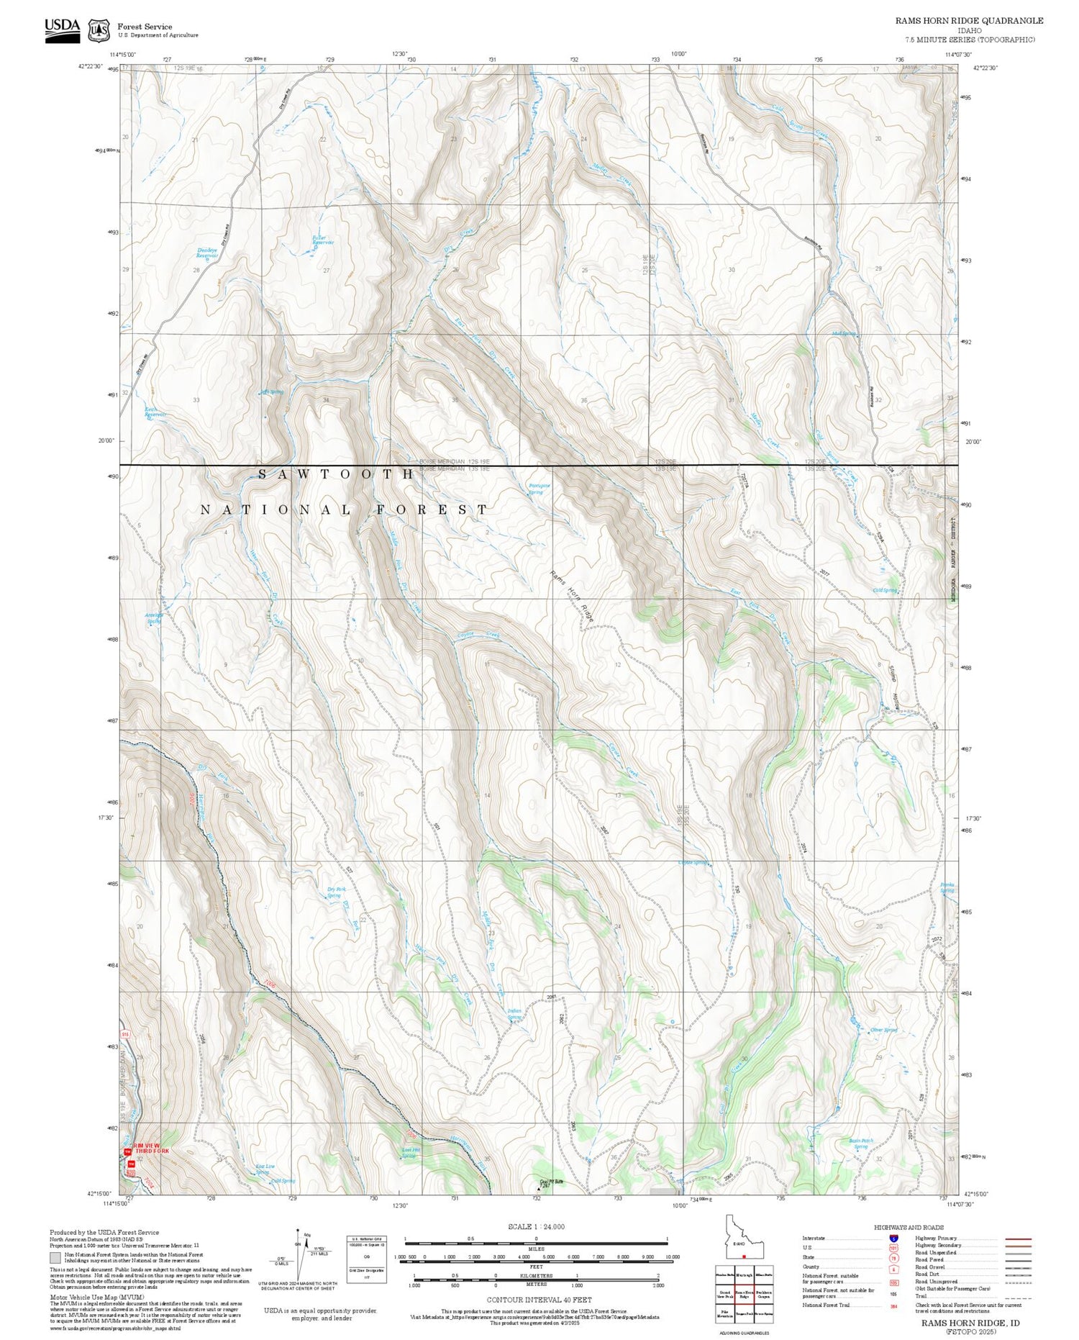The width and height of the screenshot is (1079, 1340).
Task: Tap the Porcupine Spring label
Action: coord(539,489)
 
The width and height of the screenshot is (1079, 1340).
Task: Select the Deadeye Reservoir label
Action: coord(207,253)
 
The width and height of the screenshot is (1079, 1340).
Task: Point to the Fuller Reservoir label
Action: coord(323,240)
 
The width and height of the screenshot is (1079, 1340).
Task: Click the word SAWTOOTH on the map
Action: coord(337,474)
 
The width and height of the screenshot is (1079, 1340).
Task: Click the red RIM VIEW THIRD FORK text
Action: coord(147,1149)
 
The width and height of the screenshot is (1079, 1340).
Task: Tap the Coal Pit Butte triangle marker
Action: coord(540,1190)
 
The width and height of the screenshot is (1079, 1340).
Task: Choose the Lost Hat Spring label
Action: coord(410,1153)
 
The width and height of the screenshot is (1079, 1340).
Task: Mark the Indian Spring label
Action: coord(514,1014)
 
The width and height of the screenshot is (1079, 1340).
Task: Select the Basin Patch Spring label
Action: coord(860,1144)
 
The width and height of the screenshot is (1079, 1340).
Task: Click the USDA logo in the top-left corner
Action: coord(62,30)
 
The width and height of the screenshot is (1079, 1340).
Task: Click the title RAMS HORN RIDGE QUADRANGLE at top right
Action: coord(969,21)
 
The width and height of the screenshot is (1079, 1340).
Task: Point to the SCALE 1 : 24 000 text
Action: coord(536,1227)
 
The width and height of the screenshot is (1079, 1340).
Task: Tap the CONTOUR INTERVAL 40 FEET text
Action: coord(539,1300)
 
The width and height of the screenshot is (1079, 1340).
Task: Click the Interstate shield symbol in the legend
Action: coord(893,1239)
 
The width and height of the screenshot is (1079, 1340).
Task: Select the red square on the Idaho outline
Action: coord(744,1257)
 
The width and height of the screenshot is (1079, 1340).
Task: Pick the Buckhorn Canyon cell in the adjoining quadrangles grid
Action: coord(764,1294)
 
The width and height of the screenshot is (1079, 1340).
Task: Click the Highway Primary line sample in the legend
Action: coord(1014,1239)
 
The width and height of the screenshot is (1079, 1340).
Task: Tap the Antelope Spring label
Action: coord(154,618)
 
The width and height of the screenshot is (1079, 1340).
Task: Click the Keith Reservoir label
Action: coord(155,412)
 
